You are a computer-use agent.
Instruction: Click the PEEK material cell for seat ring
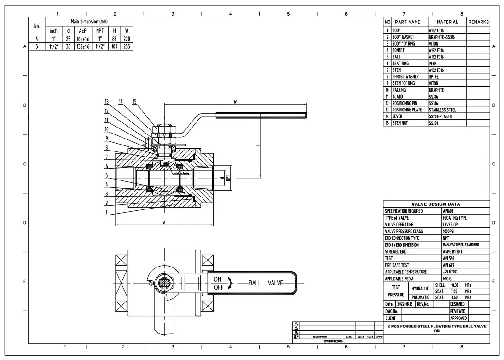[433, 64]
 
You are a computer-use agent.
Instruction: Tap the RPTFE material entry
[434, 77]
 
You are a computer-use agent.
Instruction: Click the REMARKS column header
[478, 22]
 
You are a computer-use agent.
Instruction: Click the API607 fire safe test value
[448, 265]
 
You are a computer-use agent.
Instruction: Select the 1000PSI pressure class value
[450, 231]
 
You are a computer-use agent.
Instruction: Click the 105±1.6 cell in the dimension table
[83, 39]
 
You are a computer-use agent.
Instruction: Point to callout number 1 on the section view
[106, 212]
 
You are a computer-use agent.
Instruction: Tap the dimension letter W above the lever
[235, 102]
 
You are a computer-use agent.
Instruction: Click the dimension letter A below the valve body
[164, 222]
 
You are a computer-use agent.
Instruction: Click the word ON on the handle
[218, 279]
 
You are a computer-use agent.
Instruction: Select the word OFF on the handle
[219, 287]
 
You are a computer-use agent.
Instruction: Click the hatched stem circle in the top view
[163, 281]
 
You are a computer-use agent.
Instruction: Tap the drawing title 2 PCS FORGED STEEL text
[436, 326]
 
